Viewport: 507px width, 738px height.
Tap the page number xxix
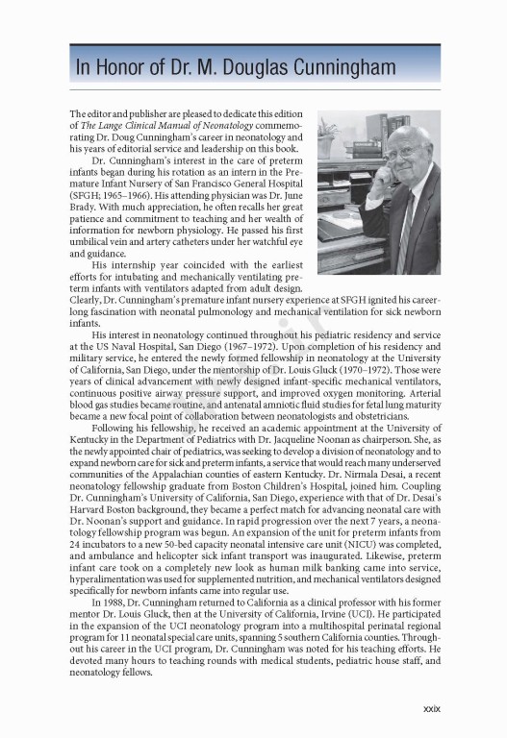[431, 709]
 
